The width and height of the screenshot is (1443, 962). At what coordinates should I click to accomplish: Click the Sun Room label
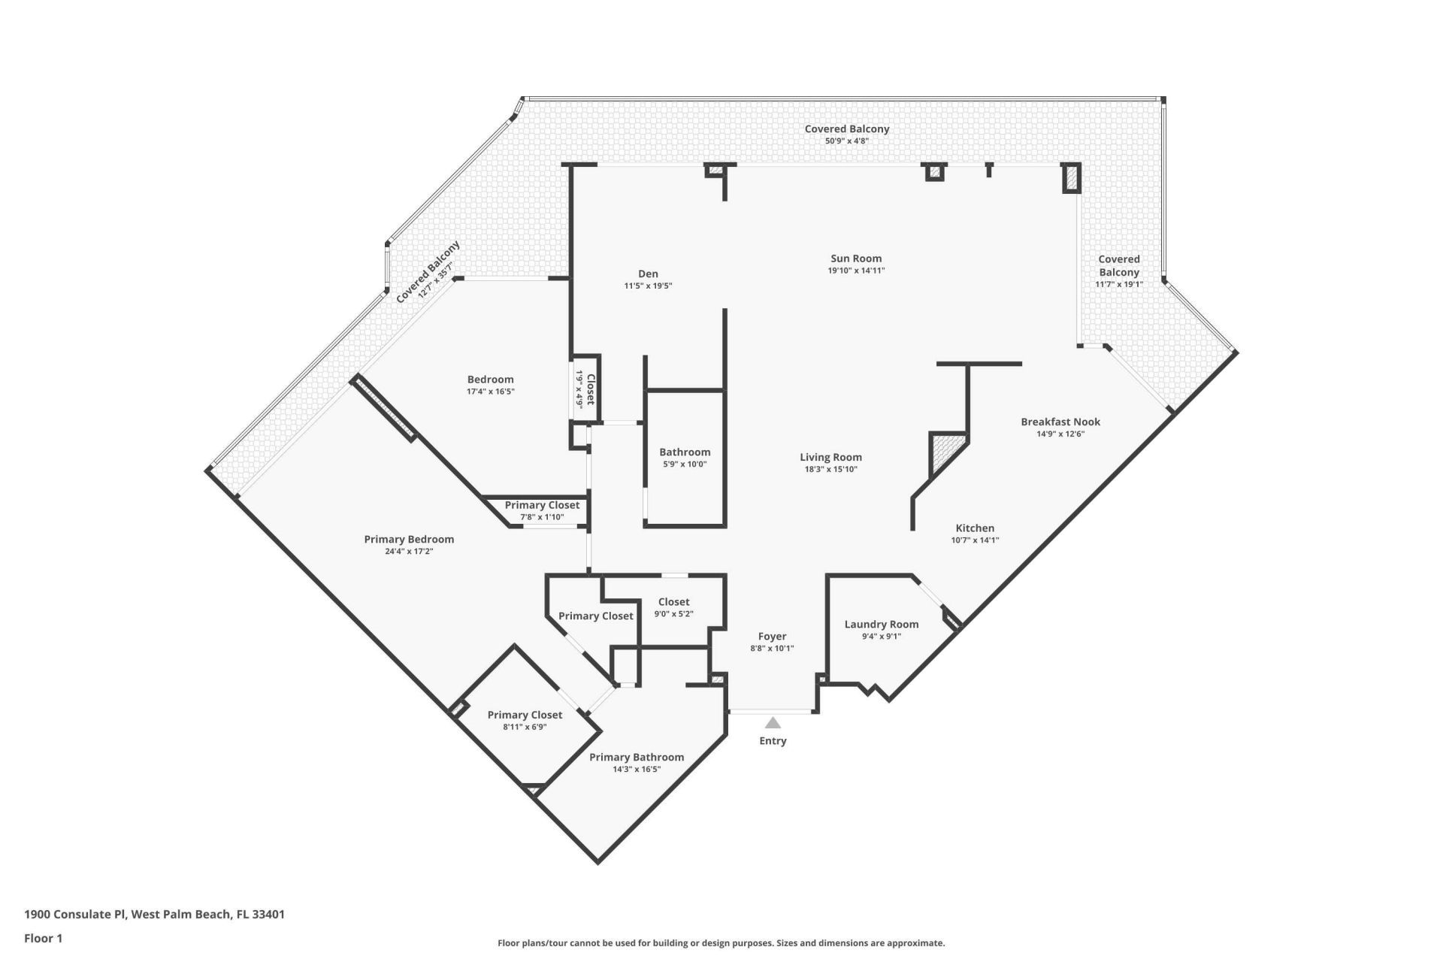[x=856, y=259]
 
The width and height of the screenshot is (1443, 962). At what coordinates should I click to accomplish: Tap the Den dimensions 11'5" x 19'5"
[x=648, y=286]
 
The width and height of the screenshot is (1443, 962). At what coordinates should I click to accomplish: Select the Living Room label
[x=830, y=457]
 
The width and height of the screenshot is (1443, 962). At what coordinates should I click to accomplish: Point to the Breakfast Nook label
[x=1060, y=422]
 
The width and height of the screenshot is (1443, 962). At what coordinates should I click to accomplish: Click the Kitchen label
[x=975, y=528]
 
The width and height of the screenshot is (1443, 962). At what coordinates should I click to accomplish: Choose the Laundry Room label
[x=882, y=625]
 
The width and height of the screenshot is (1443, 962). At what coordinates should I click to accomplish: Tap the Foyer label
[x=772, y=637]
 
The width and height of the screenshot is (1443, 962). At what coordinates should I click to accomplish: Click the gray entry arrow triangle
[x=773, y=724]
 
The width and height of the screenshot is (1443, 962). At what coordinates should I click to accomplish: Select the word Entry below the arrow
[x=773, y=741]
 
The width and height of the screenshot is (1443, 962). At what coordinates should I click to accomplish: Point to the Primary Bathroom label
[x=637, y=758]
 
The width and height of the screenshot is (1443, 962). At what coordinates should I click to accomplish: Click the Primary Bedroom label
[x=409, y=540]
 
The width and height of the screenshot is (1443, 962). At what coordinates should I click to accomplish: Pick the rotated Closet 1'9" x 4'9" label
[x=585, y=389]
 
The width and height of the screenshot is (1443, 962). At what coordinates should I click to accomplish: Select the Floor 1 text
[x=44, y=938]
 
